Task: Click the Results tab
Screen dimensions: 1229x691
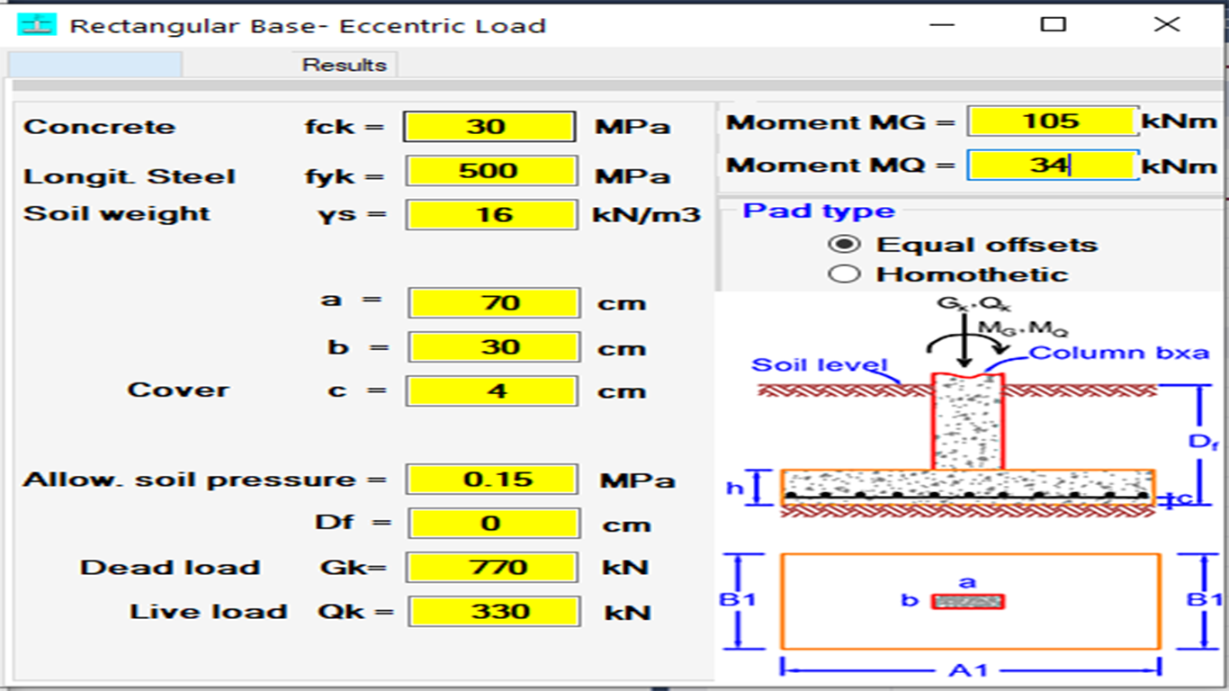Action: coord(344,65)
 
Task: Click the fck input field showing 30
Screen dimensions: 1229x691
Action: coord(489,127)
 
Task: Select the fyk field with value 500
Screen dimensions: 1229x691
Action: coord(491,171)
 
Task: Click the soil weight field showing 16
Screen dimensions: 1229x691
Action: coord(491,215)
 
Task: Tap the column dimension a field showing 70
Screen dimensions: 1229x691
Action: coord(494,302)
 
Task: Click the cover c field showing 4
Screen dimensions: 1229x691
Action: coord(492,390)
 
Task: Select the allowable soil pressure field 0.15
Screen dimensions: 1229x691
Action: coord(492,480)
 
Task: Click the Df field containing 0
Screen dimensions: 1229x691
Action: coord(494,523)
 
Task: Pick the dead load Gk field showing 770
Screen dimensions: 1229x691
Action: coord(492,567)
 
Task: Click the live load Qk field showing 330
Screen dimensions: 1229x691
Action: coord(494,612)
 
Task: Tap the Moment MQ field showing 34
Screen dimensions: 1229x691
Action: coord(1053,165)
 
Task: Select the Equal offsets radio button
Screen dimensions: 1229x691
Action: coord(844,244)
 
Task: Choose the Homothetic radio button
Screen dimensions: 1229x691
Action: coord(844,274)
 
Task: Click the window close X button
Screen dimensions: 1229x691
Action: coord(1166,24)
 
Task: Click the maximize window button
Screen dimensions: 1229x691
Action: coord(1054,24)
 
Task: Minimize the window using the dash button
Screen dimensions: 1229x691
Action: coord(942,24)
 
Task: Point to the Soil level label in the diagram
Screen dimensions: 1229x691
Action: coord(819,365)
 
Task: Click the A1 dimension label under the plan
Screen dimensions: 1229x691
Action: coord(968,670)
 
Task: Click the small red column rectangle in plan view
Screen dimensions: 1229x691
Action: coord(968,602)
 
